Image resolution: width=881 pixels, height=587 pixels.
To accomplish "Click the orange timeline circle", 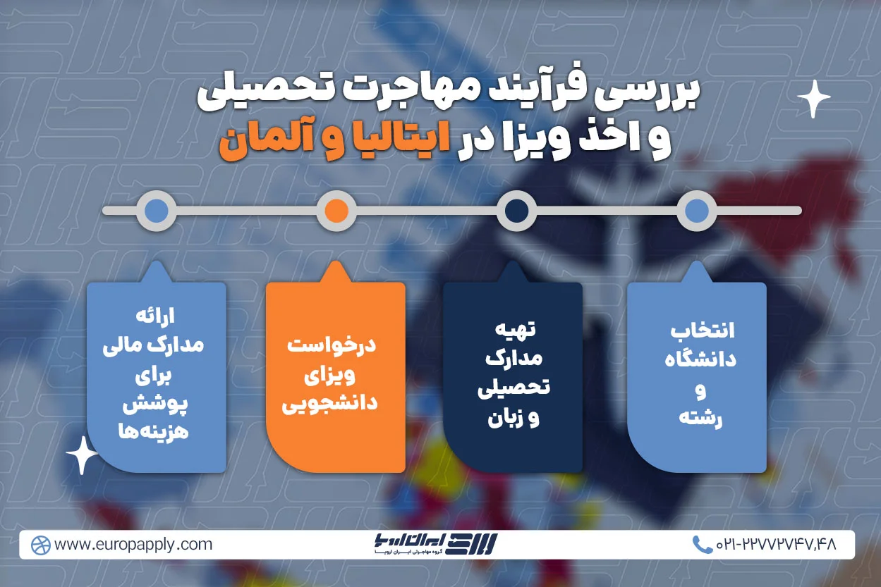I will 336,210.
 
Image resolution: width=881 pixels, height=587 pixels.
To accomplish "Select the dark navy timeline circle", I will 517,210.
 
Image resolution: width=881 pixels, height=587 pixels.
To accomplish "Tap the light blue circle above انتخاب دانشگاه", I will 697,210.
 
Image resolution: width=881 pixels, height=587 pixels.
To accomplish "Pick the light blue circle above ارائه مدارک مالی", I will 156,210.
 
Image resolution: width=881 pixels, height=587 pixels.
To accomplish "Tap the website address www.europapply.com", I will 133,545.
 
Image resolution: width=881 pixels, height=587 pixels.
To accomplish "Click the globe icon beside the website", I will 41,545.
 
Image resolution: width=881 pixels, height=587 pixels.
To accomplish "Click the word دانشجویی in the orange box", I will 330,404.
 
